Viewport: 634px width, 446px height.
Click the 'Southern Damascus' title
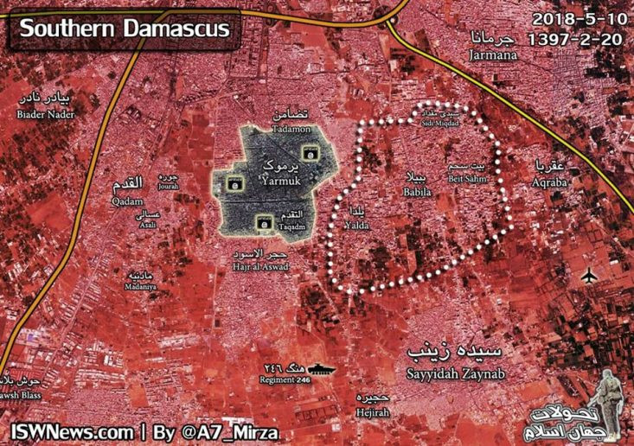pos(125,29)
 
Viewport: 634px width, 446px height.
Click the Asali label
pos(150,225)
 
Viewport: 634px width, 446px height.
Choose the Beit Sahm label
pos(467,179)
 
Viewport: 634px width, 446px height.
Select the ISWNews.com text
pos(72,430)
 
